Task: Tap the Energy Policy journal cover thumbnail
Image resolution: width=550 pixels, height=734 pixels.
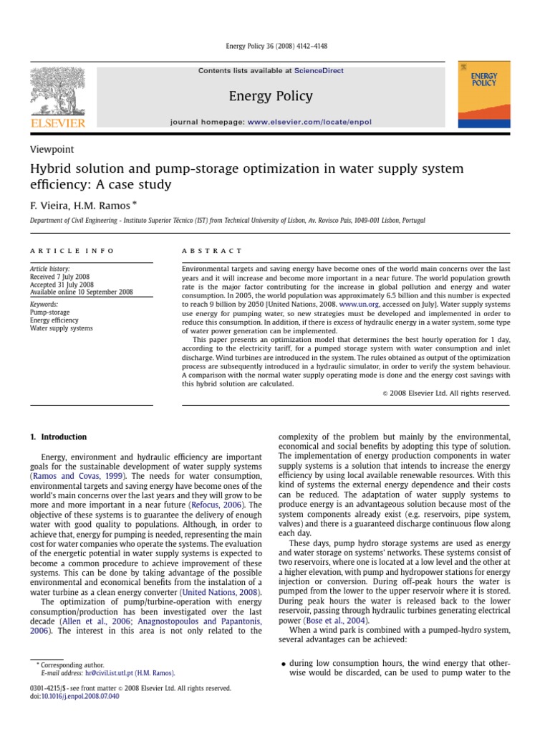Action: tap(485, 95)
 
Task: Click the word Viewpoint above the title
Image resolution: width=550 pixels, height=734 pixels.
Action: tap(52, 149)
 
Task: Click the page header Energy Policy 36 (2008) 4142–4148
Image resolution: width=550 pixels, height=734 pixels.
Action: tap(274, 47)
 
